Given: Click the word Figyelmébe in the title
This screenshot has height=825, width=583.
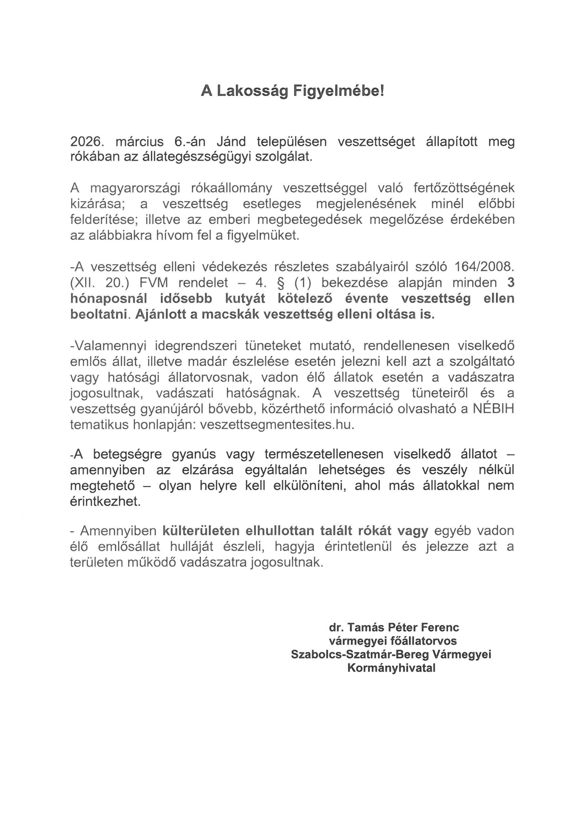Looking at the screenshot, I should pos(339,91).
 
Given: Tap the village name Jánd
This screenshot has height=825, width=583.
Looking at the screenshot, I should pos(231,142).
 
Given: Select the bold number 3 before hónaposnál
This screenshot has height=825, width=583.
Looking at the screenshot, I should pos(511,283).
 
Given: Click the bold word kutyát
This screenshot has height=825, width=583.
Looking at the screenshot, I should pos(242,299).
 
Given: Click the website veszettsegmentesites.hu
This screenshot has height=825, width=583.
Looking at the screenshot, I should pos(277,425).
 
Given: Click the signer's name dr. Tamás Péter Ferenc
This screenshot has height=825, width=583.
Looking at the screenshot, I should pos(394,627).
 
